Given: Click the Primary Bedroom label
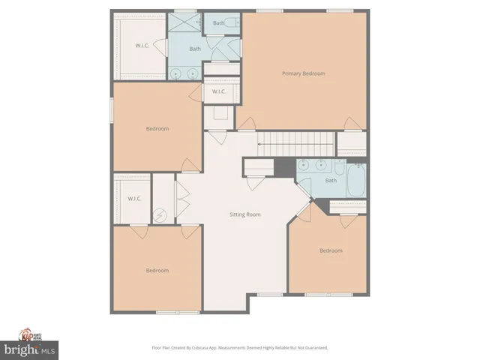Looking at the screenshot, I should [304, 73].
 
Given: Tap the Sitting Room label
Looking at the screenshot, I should [244, 214].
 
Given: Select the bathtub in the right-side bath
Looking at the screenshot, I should [356, 180].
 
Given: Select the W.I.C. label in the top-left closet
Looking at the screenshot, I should [142, 46].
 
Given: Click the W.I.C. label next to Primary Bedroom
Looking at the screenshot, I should [219, 91].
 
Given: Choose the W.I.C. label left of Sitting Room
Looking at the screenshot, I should [135, 199].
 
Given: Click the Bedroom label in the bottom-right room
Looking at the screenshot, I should [331, 250].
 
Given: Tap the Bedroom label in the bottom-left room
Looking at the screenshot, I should [157, 270].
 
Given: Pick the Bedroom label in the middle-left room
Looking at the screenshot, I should [157, 128].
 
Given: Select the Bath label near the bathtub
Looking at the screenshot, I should [331, 181].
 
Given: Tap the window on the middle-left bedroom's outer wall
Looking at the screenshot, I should [112, 109].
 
